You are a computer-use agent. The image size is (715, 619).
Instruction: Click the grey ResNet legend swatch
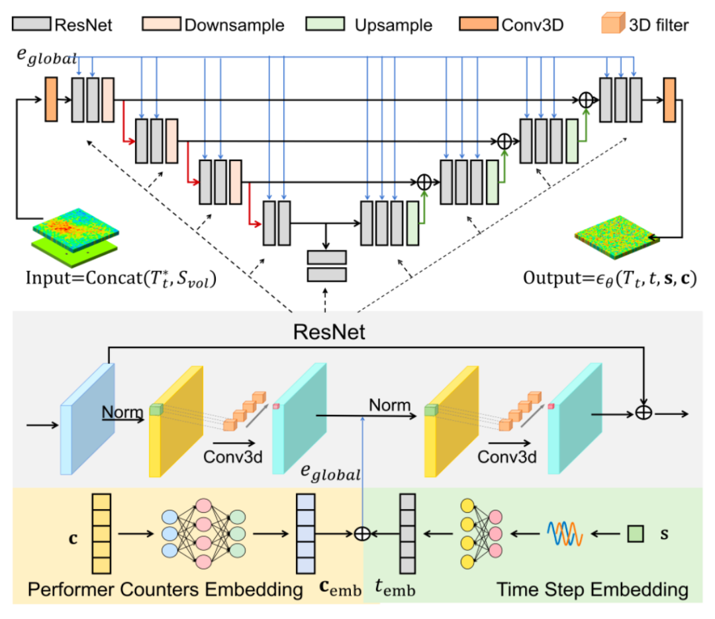tap(32, 24)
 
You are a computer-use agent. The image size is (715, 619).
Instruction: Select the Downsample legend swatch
tap(162, 24)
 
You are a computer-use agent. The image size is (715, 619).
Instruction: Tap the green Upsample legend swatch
tap(325, 24)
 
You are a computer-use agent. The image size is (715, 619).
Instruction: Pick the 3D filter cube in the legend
tap(613, 23)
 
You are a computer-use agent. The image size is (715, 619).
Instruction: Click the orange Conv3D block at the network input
tap(51, 99)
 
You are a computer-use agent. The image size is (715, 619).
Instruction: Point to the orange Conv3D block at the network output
tap(669, 100)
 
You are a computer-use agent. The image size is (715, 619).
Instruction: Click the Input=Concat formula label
tap(121, 278)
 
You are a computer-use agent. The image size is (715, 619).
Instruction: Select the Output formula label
tap(610, 278)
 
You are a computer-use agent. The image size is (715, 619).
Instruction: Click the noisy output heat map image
tap(617, 237)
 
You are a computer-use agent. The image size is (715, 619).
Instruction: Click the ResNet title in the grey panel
tap(329, 332)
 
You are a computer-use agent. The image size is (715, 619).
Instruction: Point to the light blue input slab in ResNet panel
tap(87, 419)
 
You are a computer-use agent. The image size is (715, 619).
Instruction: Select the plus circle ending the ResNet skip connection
tap(643, 413)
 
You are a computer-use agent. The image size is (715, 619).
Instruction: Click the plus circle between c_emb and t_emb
tap(362, 534)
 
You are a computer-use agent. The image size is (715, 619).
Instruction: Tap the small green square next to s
tap(635, 534)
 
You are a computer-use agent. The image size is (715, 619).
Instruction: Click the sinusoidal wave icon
tap(565, 534)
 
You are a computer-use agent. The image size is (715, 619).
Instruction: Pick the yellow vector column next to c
tap(101, 534)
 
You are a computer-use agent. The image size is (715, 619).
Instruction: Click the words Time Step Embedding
tap(593, 590)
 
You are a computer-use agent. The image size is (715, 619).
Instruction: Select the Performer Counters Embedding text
tap(165, 590)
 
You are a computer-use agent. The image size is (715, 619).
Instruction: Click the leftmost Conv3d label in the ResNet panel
tap(233, 457)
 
